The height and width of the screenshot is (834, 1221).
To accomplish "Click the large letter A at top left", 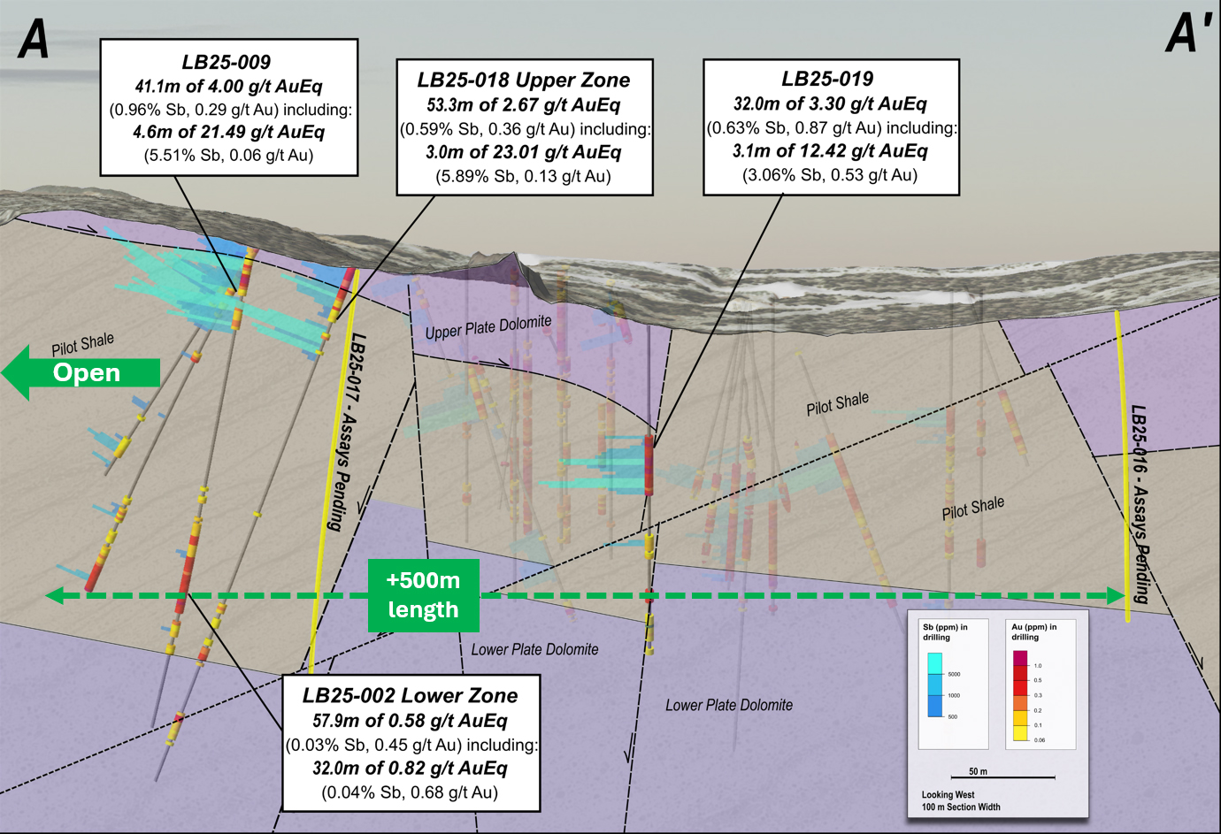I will (34, 39).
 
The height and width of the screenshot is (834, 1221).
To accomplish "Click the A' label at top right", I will (1188, 34).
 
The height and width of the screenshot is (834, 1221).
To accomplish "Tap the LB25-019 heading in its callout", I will (827, 80).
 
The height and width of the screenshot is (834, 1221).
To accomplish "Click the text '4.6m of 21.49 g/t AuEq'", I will (228, 133).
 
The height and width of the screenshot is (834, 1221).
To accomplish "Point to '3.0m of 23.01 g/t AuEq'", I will (523, 152).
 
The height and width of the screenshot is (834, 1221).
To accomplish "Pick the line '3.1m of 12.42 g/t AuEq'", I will (830, 151).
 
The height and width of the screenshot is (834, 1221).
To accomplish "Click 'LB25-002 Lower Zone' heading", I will (410, 696).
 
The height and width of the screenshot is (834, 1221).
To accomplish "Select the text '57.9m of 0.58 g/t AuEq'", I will (410, 721).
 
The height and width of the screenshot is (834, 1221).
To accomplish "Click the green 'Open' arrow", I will (81, 372).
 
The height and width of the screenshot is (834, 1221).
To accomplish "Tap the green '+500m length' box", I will (424, 595).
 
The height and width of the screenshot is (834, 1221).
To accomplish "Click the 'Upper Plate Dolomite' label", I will (488, 327).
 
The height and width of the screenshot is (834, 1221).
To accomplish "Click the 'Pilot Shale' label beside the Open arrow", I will (82, 344).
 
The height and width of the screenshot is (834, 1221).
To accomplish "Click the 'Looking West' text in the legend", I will (948, 794).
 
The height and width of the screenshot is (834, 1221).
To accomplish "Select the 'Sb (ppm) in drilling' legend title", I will (945, 631).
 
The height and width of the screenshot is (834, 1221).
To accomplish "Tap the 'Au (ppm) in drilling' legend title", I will (1033, 631).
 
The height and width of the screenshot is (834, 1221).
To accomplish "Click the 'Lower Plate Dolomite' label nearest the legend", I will (729, 705).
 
